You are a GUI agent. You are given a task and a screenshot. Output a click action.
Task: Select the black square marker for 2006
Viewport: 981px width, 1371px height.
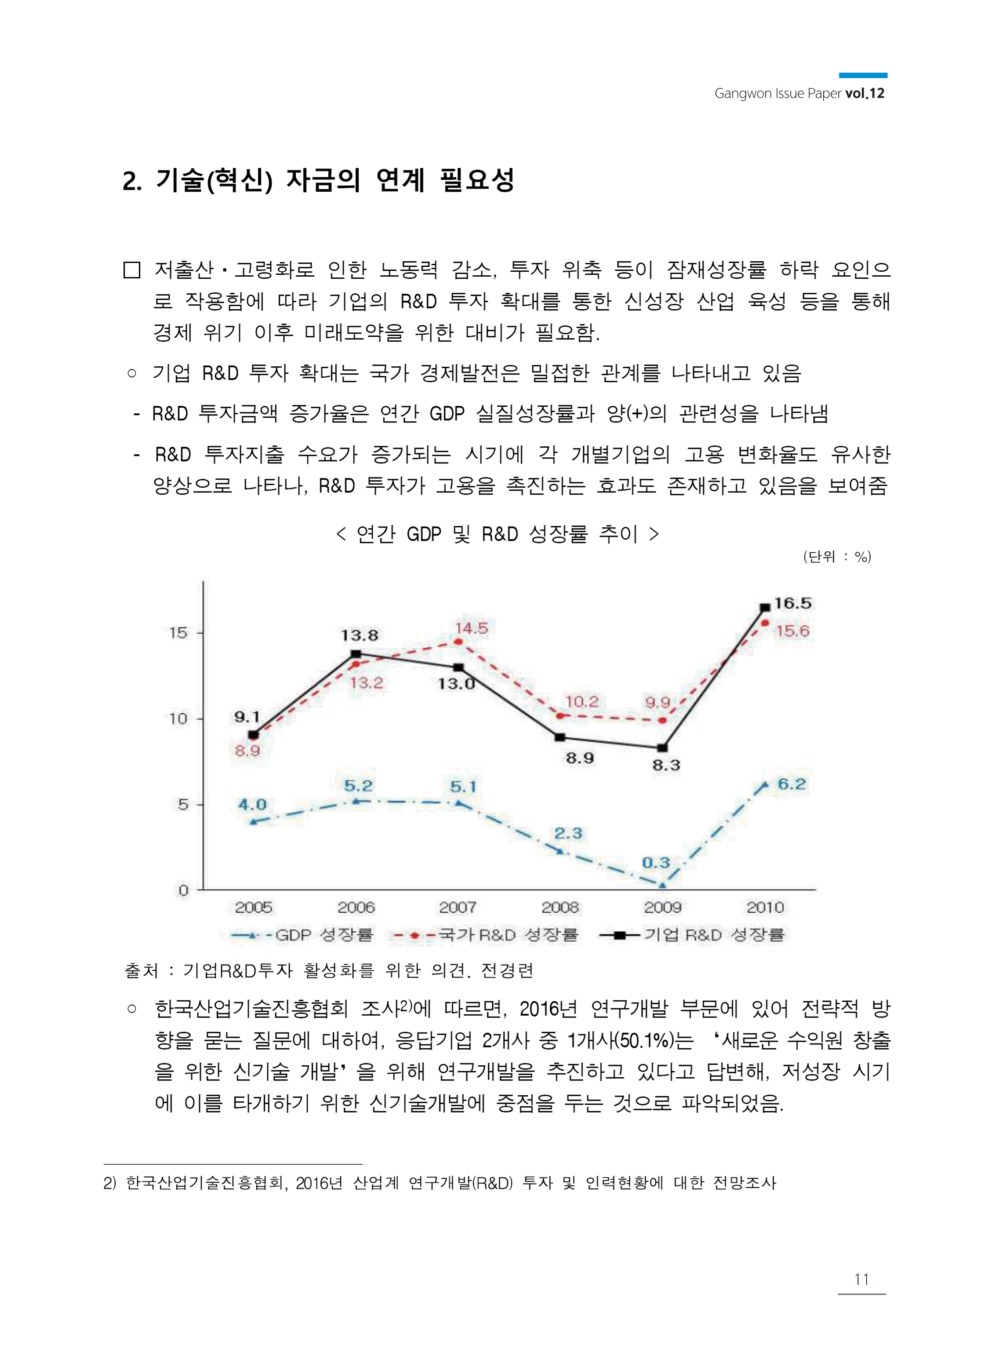[356, 654]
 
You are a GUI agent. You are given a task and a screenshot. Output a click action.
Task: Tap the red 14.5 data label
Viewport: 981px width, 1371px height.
[471, 628]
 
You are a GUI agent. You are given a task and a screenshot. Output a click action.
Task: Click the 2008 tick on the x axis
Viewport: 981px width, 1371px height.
[560, 907]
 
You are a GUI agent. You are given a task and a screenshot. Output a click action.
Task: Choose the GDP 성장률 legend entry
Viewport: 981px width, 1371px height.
[302, 935]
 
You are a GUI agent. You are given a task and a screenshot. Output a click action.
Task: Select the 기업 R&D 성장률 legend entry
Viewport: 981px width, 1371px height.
[692, 935]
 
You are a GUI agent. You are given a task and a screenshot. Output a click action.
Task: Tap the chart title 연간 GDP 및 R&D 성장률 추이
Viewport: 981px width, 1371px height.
[497, 534]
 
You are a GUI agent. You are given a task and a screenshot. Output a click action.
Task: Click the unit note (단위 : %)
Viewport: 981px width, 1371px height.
[837, 557]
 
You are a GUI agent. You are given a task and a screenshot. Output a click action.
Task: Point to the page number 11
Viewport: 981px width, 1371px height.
[861, 1279]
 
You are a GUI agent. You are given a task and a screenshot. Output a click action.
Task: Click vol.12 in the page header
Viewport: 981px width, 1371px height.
[865, 94]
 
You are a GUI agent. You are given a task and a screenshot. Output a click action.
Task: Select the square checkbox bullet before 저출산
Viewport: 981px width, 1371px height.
[132, 270]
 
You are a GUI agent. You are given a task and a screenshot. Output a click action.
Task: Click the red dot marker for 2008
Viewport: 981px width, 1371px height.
[560, 715]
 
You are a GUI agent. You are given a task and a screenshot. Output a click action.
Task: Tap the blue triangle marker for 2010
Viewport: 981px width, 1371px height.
[765, 785]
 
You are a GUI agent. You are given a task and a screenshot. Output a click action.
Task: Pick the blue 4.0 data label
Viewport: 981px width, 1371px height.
[252, 804]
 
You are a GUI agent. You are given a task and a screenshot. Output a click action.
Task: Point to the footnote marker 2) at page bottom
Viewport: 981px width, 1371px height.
[109, 1182]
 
